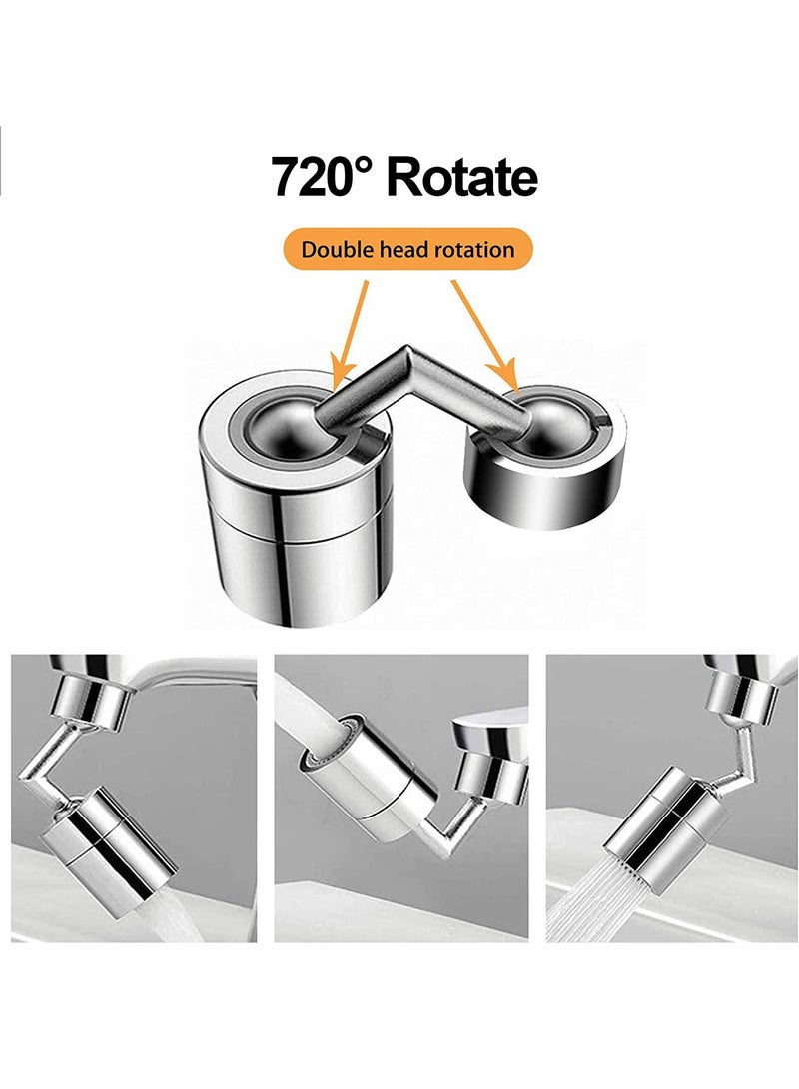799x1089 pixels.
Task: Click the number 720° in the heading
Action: click(x=323, y=177)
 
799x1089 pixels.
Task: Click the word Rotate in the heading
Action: click(x=461, y=177)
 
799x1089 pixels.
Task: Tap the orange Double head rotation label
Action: click(x=406, y=249)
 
